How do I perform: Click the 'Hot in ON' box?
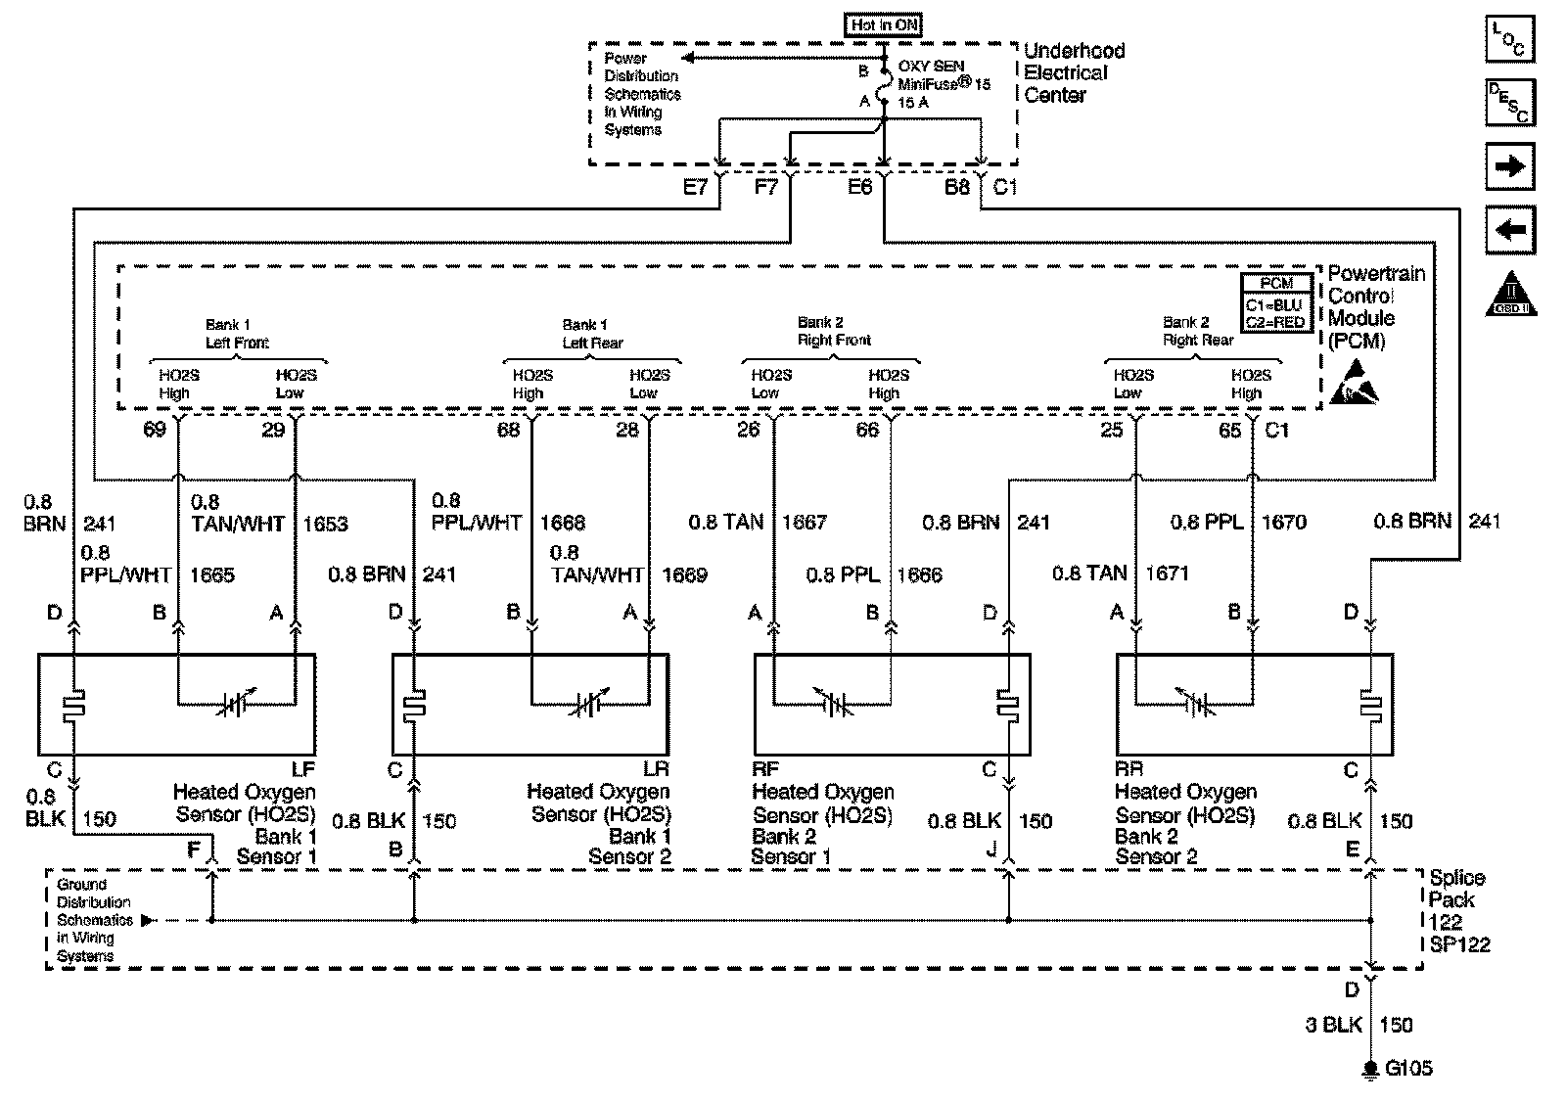[x=884, y=25]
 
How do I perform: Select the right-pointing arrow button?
[x=1509, y=166]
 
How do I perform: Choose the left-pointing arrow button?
[x=1509, y=231]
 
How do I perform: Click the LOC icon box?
[x=1509, y=39]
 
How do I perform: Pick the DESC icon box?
[x=1509, y=102]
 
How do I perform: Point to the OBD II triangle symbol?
[x=1512, y=295]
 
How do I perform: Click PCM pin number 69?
[x=155, y=430]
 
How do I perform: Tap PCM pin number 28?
[x=626, y=430]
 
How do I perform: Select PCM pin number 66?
[x=867, y=430]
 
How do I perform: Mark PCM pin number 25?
[x=1112, y=430]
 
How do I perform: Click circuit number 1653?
[x=325, y=524]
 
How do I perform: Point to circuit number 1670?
[x=1283, y=523]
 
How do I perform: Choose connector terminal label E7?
[x=694, y=187]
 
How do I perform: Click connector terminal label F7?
[x=765, y=187]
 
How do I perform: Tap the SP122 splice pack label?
[x=1459, y=944]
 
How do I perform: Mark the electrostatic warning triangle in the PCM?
[x=1355, y=384]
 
